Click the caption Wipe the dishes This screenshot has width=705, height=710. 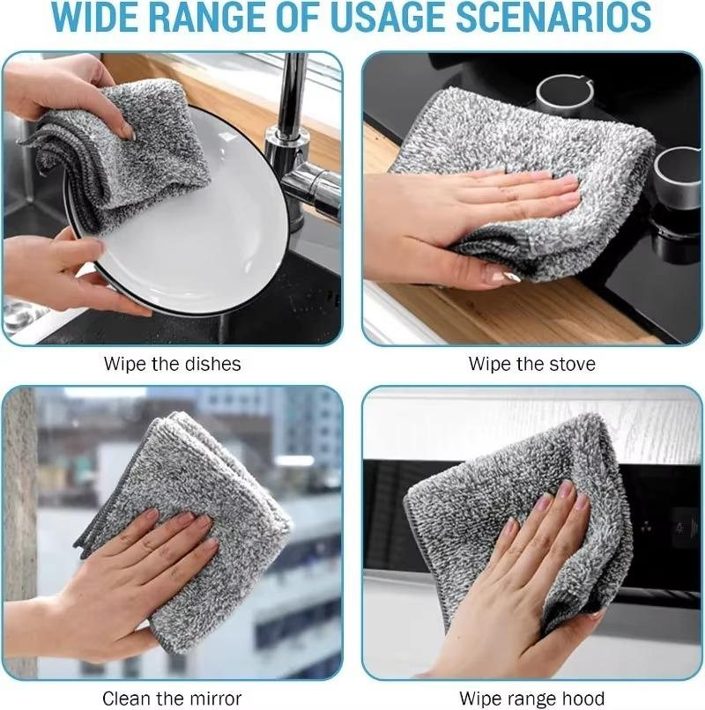[x=172, y=364]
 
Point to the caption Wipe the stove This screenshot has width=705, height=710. [x=532, y=364]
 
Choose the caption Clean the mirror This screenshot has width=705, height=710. [x=172, y=699]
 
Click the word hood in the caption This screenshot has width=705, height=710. [x=586, y=699]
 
